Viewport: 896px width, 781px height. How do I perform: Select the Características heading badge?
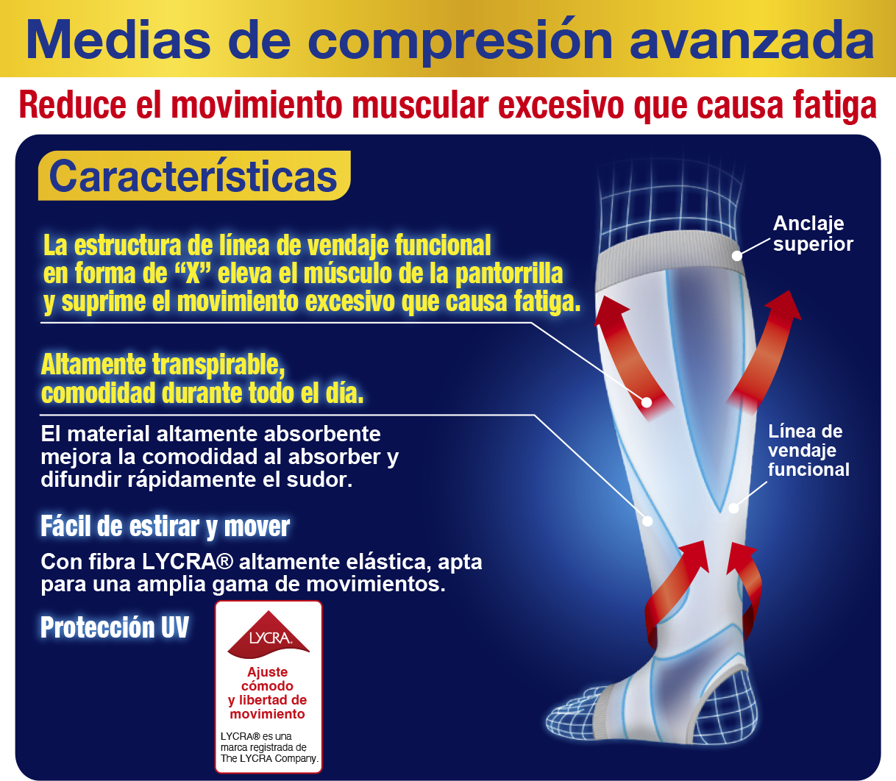[x=193, y=176]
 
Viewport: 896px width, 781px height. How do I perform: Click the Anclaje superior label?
[x=812, y=234]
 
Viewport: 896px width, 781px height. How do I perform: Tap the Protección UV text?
[x=115, y=627]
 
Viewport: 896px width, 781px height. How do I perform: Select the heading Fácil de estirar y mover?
[x=165, y=527]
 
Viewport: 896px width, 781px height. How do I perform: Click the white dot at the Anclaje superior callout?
[x=736, y=256]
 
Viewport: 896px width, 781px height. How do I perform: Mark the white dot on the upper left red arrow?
[x=647, y=402]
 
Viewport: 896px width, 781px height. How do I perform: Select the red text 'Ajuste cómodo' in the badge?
[x=268, y=679]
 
